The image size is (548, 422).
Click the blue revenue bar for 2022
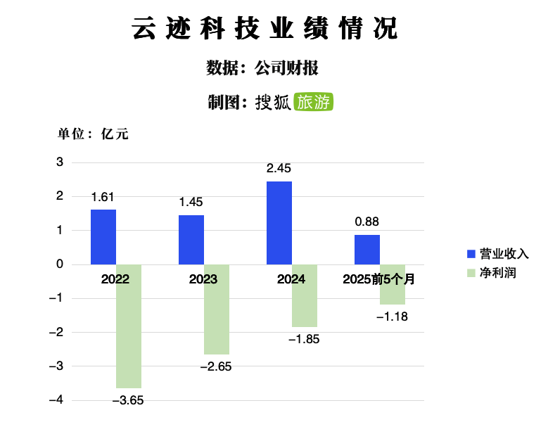tap(103, 237)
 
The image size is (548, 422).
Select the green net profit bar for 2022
tap(129, 326)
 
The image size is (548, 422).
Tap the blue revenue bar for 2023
tap(191, 240)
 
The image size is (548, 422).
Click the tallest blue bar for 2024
tap(279, 223)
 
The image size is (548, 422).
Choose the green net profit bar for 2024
tap(305, 296)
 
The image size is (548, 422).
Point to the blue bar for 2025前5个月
tap(367, 250)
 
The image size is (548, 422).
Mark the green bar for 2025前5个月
tap(393, 285)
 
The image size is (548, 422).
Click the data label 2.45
tap(279, 169)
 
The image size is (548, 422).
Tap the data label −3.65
tap(128, 401)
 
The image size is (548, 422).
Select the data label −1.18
tap(392, 317)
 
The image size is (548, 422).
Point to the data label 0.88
tap(367, 222)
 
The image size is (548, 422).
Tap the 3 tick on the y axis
tap(60, 162)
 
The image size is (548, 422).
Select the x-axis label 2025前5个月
tap(378, 279)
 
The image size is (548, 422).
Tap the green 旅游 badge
tap(313, 102)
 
